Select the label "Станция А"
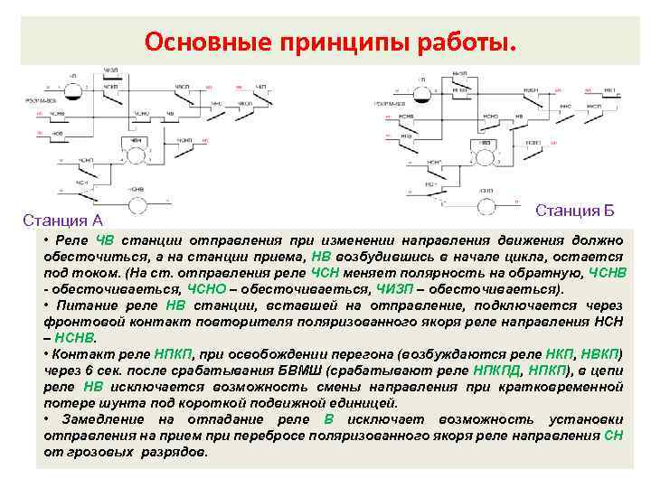(62, 220)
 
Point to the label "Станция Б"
(575, 211)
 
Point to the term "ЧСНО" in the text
(209, 289)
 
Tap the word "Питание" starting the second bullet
(84, 305)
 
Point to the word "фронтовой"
(81, 322)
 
